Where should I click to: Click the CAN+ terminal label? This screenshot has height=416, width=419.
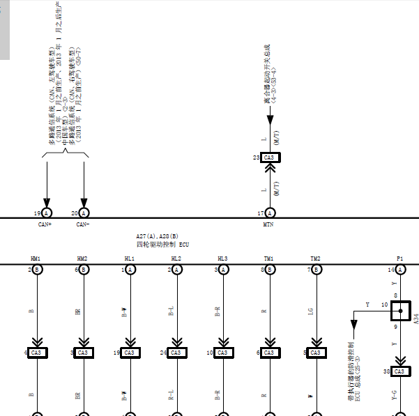click(x=45, y=224)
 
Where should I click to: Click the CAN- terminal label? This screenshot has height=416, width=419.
click(x=83, y=224)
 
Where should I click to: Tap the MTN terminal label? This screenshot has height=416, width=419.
click(x=268, y=224)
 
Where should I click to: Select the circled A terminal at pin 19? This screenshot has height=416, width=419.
click(x=47, y=213)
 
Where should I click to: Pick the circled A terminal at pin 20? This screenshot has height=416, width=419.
click(x=84, y=213)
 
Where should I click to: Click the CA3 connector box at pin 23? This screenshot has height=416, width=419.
click(x=269, y=158)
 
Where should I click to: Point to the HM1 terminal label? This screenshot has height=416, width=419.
click(x=36, y=259)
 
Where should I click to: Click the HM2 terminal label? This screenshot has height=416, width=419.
click(x=82, y=259)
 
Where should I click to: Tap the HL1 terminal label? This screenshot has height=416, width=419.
click(x=129, y=259)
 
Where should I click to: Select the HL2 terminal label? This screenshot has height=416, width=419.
click(x=176, y=259)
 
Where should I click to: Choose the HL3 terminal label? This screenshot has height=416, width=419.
click(x=222, y=259)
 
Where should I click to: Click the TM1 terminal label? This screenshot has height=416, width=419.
click(x=269, y=259)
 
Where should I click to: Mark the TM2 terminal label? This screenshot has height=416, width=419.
click(x=315, y=259)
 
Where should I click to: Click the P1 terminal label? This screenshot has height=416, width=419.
click(x=399, y=259)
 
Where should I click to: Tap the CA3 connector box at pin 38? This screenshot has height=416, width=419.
click(x=399, y=372)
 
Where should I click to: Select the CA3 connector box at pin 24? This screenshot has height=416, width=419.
click(x=176, y=353)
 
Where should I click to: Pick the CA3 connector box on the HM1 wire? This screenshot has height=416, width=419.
click(x=36, y=353)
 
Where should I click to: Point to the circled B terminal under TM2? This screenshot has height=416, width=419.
click(x=316, y=270)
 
